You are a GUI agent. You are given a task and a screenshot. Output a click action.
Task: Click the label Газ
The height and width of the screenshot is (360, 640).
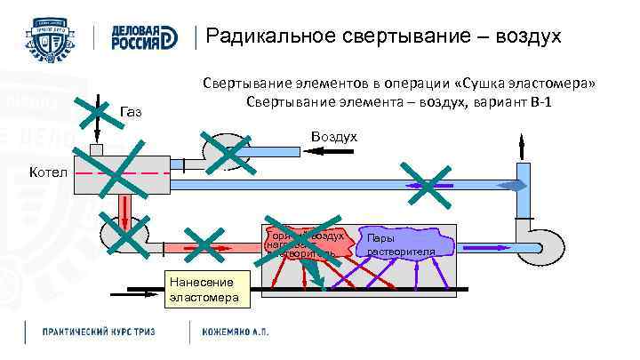coord(130,111)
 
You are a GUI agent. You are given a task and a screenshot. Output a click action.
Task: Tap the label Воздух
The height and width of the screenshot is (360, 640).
coord(333,136)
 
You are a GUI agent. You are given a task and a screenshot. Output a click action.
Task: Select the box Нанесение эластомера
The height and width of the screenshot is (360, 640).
coord(204,290)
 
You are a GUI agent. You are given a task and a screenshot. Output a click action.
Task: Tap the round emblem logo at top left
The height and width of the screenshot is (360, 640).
coord(53,37)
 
